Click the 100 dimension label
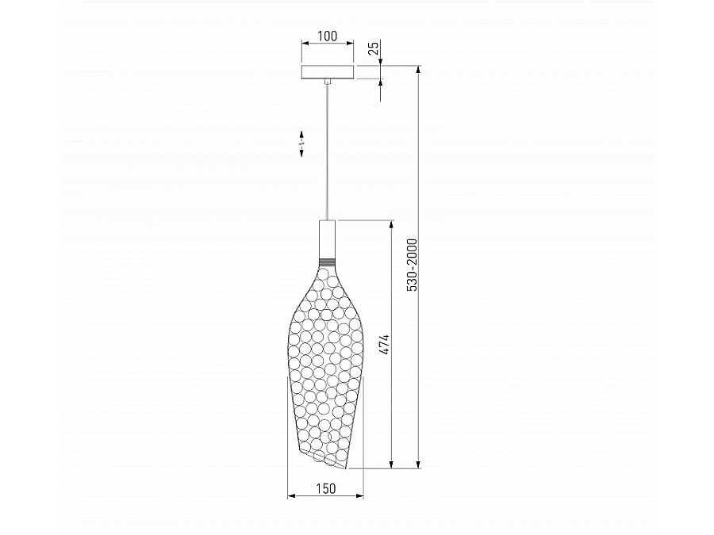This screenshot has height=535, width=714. (x=328, y=36)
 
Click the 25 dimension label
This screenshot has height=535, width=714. (x=374, y=48)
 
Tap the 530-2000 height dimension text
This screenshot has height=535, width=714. (x=412, y=265)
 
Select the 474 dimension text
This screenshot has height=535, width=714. (x=385, y=345)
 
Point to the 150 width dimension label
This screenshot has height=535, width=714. (x=325, y=488)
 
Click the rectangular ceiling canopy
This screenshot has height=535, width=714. (x=328, y=72)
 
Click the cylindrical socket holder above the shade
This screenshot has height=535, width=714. (x=328, y=239)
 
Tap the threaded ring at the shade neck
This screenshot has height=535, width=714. (x=328, y=262)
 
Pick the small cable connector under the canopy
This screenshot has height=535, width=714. (x=328, y=82)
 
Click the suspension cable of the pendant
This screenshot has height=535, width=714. (x=328, y=152)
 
